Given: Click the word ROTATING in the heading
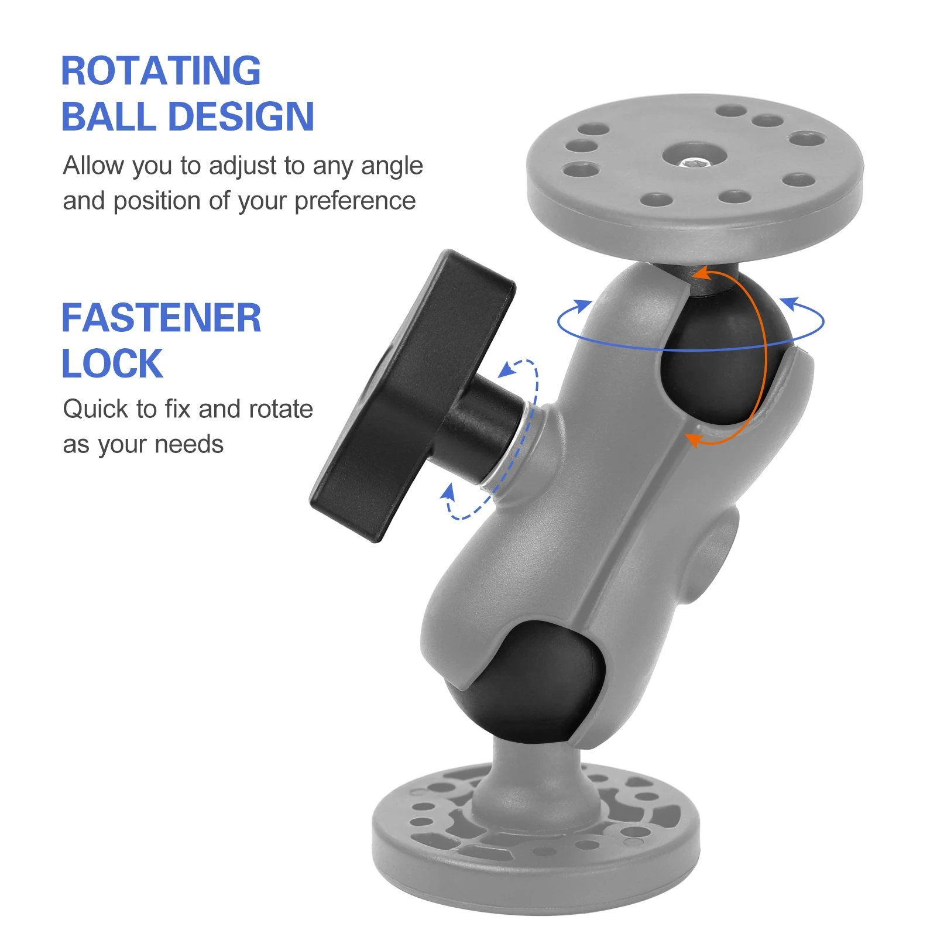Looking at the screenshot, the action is (161, 71).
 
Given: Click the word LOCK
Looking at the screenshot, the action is (112, 363).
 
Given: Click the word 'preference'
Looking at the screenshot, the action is (355, 202).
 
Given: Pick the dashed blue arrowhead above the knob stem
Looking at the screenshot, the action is (507, 369).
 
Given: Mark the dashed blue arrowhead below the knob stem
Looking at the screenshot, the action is (448, 492).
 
